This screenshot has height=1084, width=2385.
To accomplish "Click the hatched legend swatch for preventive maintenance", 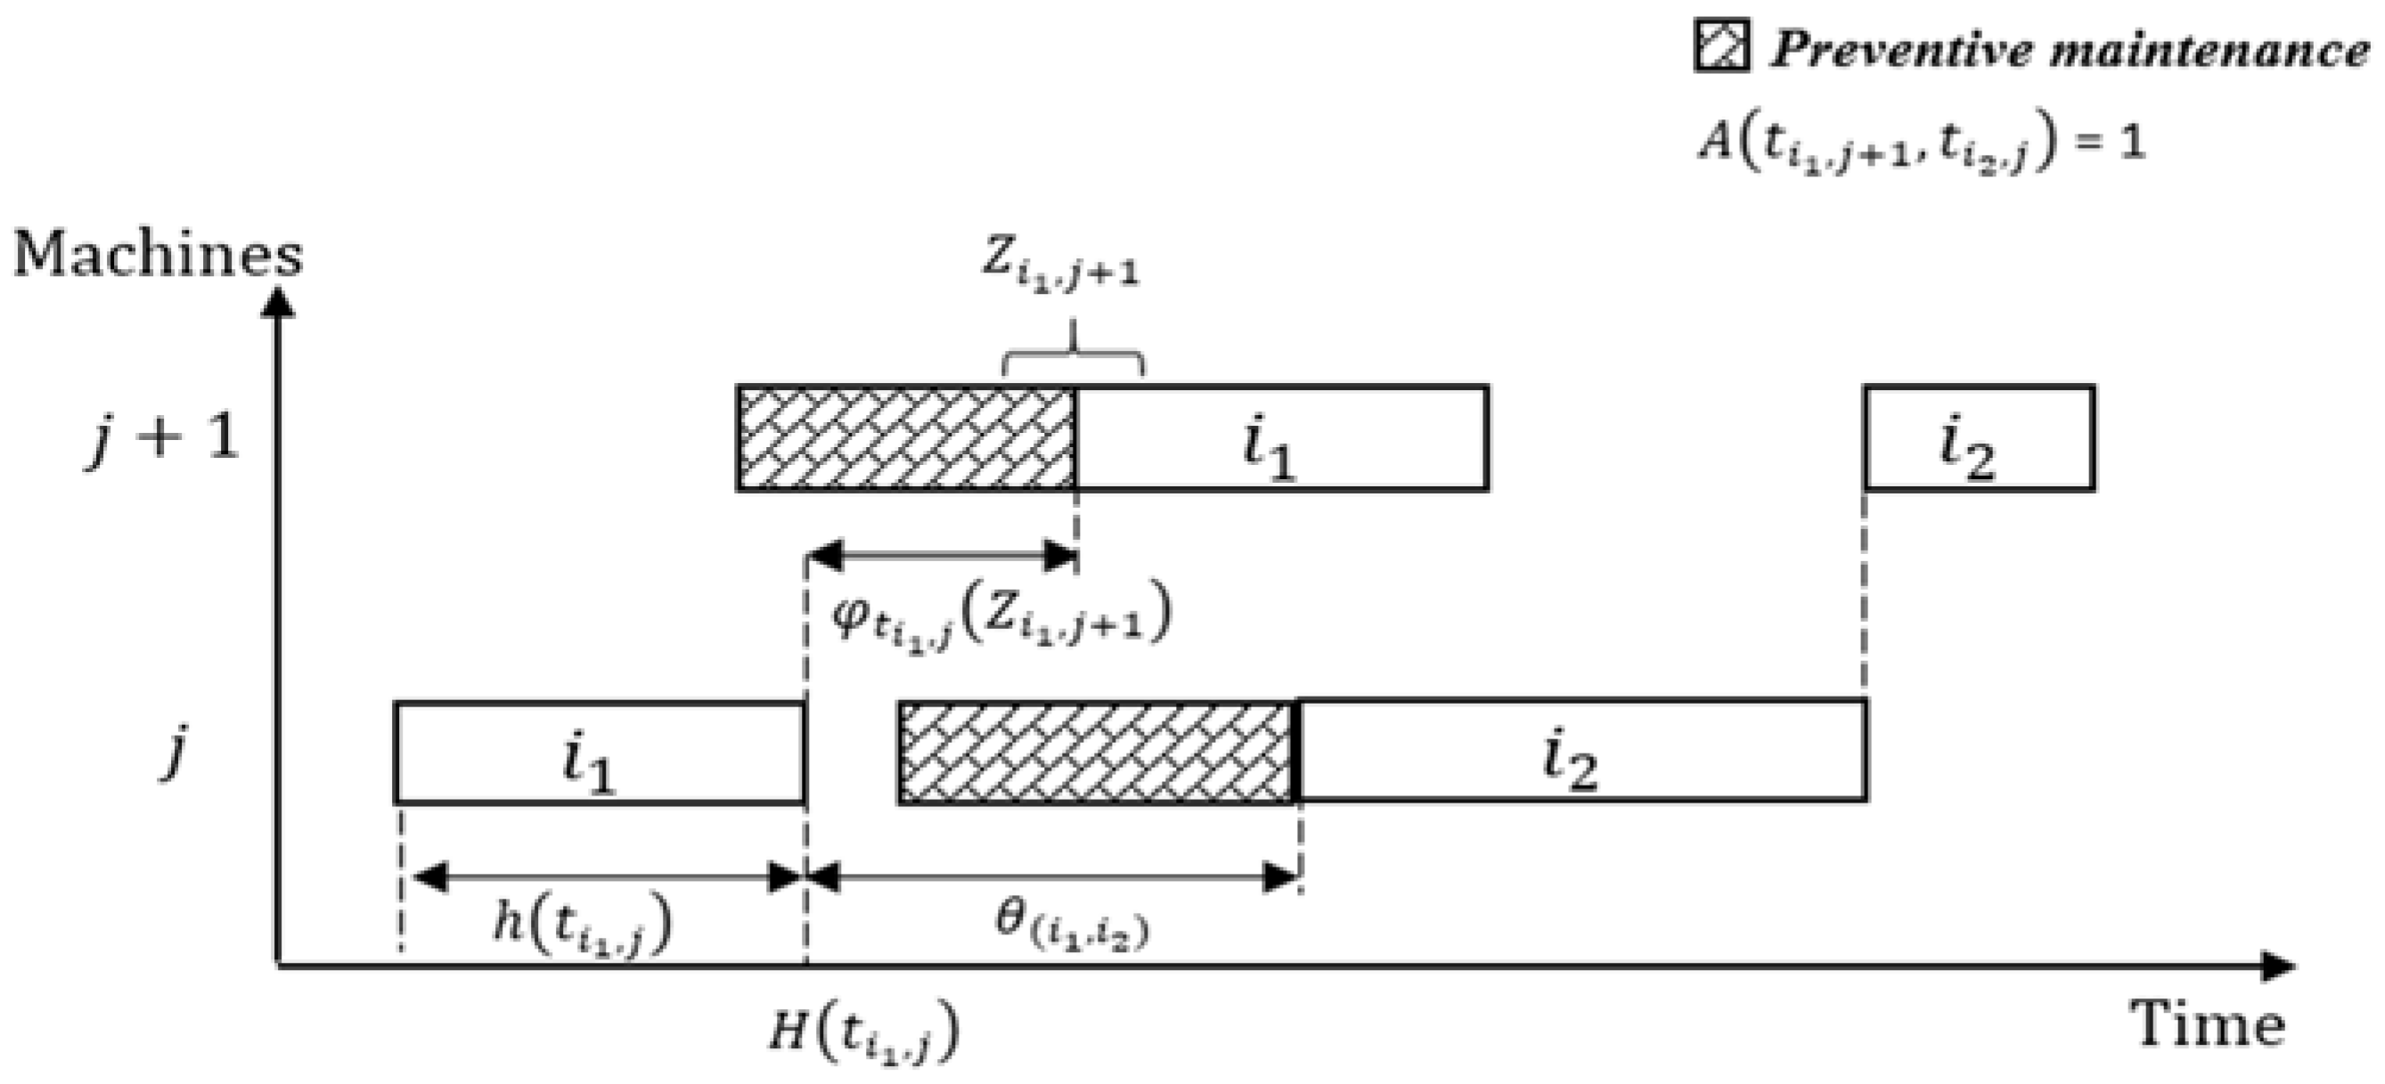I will [1721, 45].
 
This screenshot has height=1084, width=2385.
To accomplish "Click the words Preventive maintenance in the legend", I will [2070, 48].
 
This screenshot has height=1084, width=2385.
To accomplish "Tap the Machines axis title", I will [158, 255].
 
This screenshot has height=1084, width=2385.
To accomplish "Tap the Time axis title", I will [2209, 1024].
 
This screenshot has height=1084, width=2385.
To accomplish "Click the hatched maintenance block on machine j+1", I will [906, 438].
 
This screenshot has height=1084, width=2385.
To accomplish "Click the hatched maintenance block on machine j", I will [1095, 752].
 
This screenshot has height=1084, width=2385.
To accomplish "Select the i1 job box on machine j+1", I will [1281, 438].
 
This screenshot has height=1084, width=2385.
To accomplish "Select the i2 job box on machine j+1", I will [1980, 438].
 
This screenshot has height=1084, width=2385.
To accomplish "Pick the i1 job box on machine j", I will [599, 752].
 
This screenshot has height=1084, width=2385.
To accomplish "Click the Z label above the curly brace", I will [1060, 264].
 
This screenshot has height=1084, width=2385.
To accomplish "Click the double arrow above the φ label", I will [943, 557].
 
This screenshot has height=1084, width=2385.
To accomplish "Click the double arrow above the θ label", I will [1054, 876].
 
